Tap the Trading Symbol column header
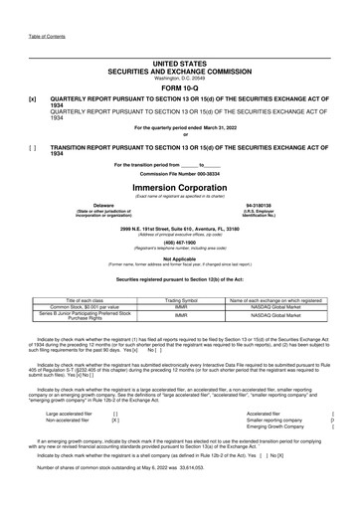(x=181, y=271)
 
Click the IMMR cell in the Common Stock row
(x=181, y=278)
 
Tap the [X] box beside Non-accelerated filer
(x=116, y=390)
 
